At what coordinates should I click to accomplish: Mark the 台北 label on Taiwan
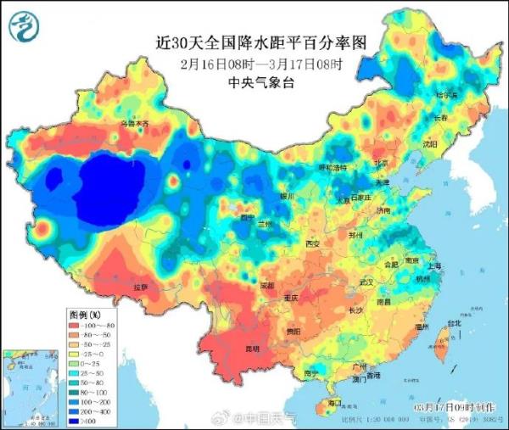tap(455, 322)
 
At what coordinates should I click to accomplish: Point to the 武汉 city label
tap(366, 281)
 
